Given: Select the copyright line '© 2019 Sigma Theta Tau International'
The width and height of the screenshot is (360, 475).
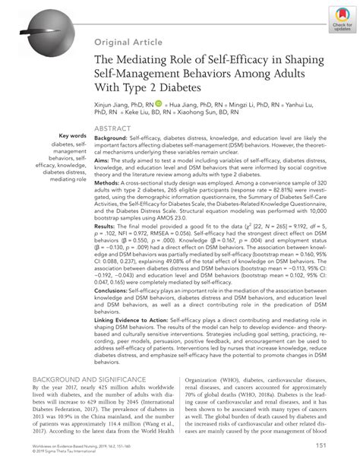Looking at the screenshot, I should point(67,470).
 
